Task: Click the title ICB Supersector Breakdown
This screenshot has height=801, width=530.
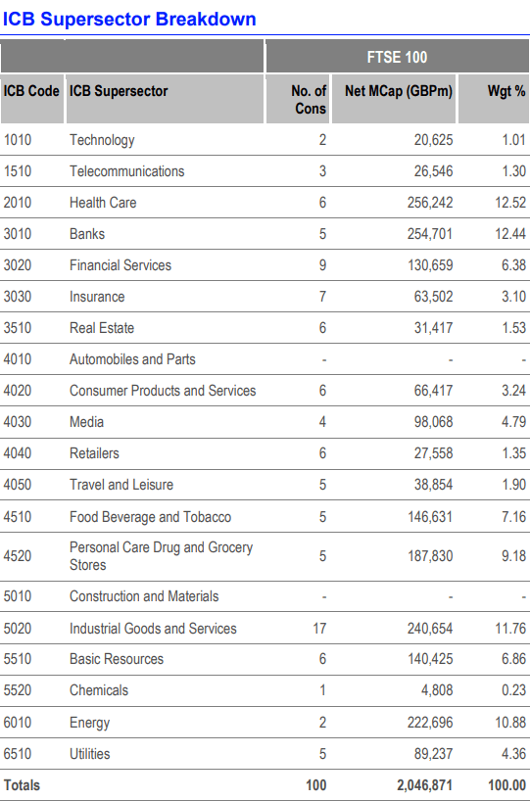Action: (x=129, y=19)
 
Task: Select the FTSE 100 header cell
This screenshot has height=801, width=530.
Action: (x=396, y=58)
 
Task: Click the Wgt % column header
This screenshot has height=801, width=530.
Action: (x=506, y=91)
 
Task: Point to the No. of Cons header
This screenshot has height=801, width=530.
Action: (x=309, y=100)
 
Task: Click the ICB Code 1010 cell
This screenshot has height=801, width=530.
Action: (x=18, y=140)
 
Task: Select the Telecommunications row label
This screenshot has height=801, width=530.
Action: (x=126, y=171)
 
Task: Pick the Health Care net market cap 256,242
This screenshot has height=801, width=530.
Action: (x=426, y=203)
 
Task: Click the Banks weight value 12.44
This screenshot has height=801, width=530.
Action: (x=508, y=234)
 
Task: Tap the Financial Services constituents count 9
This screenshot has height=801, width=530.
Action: (x=322, y=265)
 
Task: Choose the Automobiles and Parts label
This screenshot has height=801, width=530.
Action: (x=132, y=359)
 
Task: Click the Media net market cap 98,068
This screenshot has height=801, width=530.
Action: (x=430, y=422)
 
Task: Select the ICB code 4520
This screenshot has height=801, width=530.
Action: (x=18, y=556)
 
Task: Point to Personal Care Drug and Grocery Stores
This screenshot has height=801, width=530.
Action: (x=161, y=555)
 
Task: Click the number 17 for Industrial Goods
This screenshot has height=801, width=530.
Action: (x=319, y=629)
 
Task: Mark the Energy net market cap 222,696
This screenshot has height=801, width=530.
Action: (x=426, y=723)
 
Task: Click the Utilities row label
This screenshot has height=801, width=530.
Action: (x=89, y=754)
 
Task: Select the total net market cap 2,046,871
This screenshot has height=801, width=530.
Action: (x=419, y=785)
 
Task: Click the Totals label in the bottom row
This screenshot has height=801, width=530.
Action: (x=23, y=785)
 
